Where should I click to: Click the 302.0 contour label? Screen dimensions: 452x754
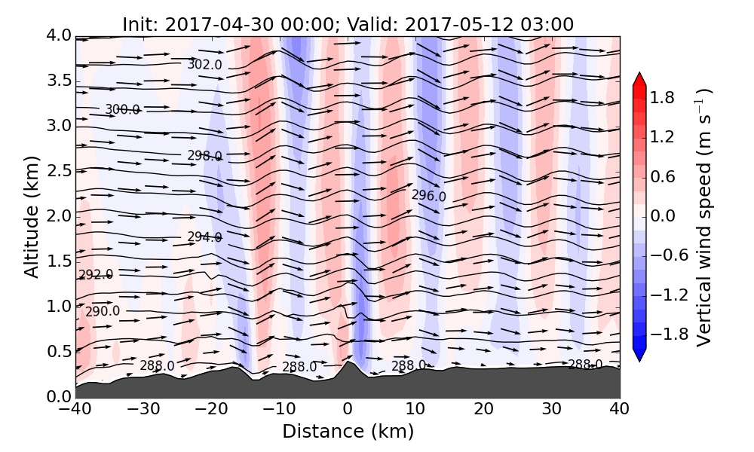tap(204, 65)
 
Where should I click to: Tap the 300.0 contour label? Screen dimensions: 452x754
tap(122, 110)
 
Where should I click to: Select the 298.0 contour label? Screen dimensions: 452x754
tap(204, 156)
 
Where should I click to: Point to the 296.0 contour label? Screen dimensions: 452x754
tap(428, 196)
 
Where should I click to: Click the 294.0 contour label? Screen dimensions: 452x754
tap(204, 237)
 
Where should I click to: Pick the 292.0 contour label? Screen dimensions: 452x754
tap(95, 275)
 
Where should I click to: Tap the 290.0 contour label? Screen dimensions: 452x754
tap(103, 311)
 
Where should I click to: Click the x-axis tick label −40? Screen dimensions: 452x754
tap(75, 411)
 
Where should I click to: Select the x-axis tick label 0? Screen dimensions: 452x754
tap(348, 411)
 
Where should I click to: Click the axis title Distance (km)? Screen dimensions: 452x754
tap(348, 432)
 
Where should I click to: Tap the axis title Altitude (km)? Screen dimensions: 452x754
tap(31, 216)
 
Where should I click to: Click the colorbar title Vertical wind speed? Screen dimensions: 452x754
tap(704, 217)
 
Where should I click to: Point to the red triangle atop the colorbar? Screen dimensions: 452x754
tap(639, 78)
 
